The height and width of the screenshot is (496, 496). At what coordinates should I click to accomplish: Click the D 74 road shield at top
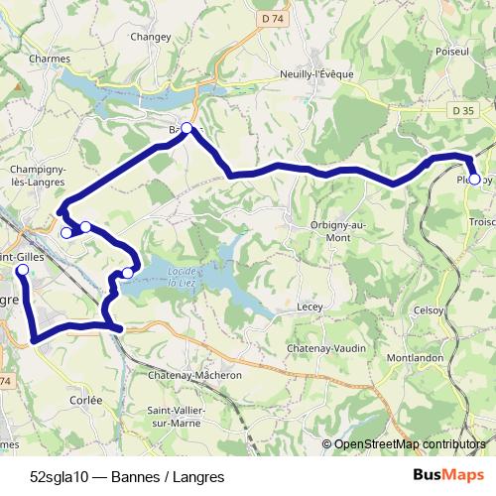pyautogui.click(x=272, y=19)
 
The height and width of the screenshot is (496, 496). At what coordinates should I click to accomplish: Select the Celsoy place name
pyautogui.click(x=429, y=310)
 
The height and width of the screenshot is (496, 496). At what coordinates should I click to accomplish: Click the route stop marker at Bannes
pyautogui.click(x=186, y=128)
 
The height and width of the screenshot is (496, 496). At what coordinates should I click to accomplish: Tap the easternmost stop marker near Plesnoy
pyautogui.click(x=474, y=180)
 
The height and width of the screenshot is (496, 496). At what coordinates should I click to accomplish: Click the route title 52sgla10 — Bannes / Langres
pyautogui.click(x=127, y=474)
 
